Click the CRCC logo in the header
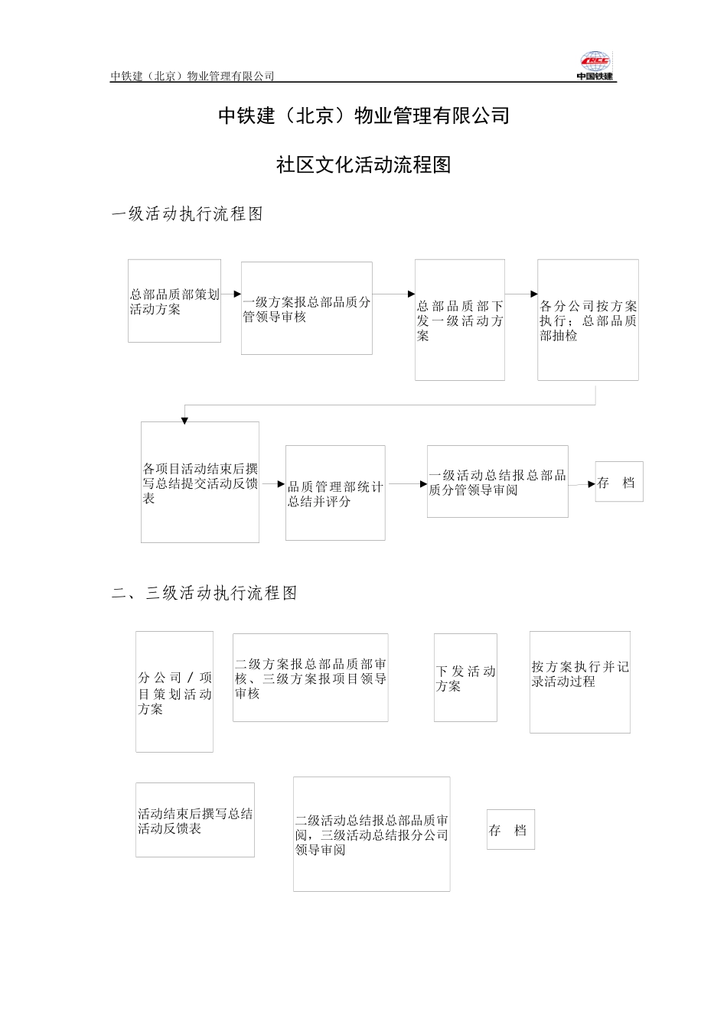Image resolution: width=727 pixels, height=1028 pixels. pyautogui.click(x=595, y=66)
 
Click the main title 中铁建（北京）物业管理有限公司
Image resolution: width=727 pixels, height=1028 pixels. pyautogui.click(x=363, y=115)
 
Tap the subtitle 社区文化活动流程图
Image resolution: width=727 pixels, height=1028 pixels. pyautogui.click(x=363, y=164)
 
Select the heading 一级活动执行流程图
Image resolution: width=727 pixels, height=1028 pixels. pyautogui.click(x=187, y=214)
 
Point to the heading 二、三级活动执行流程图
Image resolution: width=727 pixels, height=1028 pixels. pyautogui.click(x=204, y=593)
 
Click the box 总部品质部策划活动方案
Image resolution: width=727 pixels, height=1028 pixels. pyautogui.click(x=174, y=301)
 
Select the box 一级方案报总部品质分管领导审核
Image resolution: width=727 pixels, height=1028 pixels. pyautogui.click(x=307, y=308)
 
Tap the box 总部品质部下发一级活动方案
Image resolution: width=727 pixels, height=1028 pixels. pyautogui.click(x=460, y=320)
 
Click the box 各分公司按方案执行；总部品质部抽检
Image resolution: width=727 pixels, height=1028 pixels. pyautogui.click(x=588, y=320)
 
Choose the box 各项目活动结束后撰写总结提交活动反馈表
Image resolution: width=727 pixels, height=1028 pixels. pyautogui.click(x=200, y=482)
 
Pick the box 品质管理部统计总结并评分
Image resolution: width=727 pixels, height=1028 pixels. pyautogui.click(x=335, y=493)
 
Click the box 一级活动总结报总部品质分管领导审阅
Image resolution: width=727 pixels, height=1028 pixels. pyautogui.click(x=497, y=481)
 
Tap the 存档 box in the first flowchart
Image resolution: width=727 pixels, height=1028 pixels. pyautogui.click(x=619, y=482)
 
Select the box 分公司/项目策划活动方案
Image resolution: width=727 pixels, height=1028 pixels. pyautogui.click(x=174, y=691)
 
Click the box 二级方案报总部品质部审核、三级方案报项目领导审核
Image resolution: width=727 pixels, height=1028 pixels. pyautogui.click(x=310, y=678)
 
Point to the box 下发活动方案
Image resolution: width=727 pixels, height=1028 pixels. pyautogui.click(x=465, y=678)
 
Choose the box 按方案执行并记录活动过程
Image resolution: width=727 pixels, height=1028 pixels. pyautogui.click(x=580, y=682)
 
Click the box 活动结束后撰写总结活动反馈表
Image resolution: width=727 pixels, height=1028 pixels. pyautogui.click(x=195, y=820)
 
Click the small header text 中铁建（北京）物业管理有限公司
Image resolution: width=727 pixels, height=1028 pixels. pyautogui.click(x=192, y=76)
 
